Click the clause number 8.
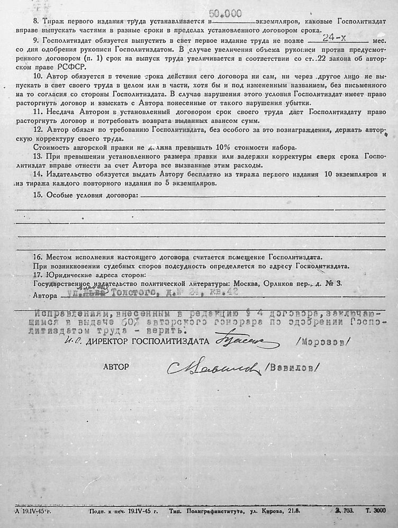(35, 23)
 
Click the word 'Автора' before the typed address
(44, 295)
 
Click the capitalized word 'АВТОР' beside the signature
(116, 366)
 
